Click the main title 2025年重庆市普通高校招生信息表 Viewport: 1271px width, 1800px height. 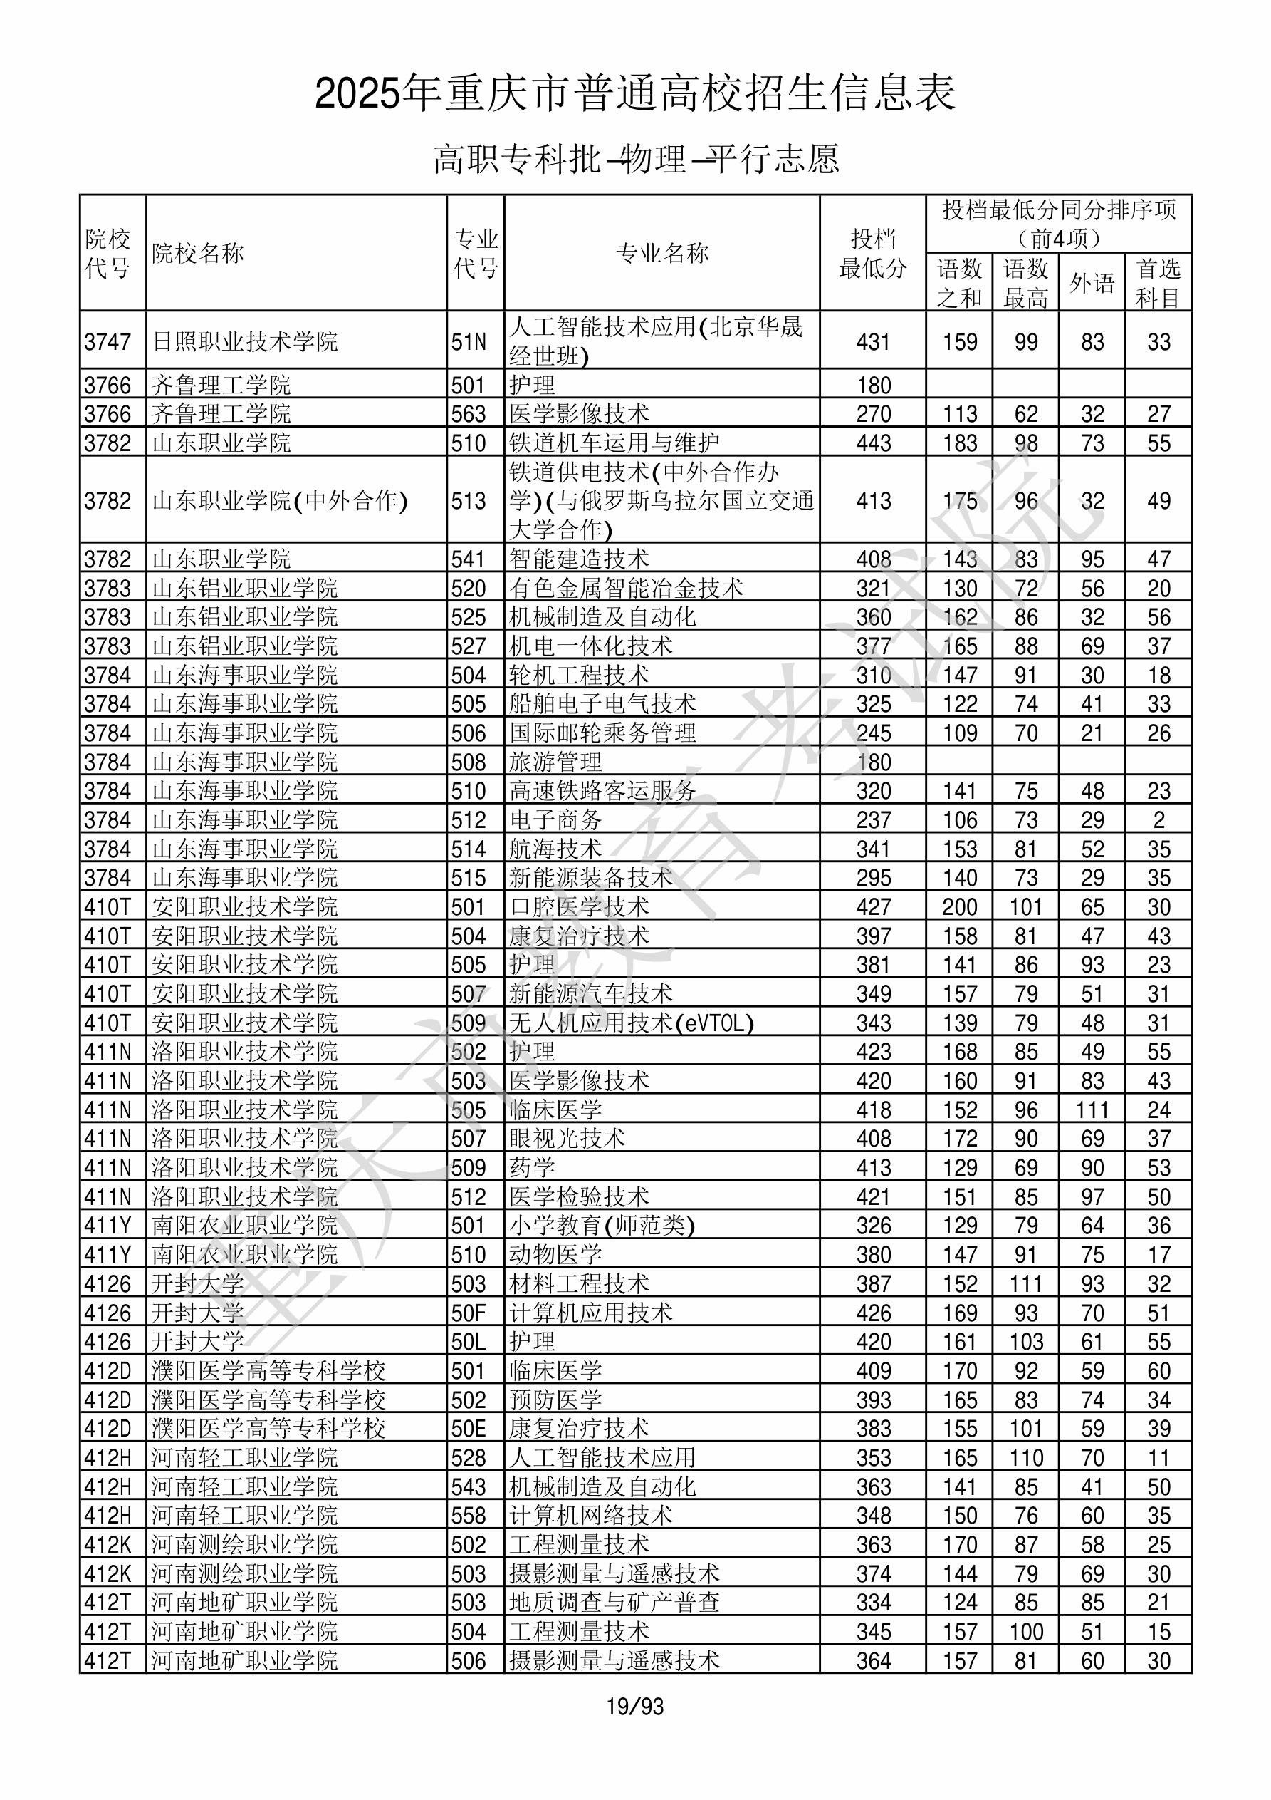tap(634, 94)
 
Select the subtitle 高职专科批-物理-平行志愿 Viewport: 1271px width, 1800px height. tap(635, 159)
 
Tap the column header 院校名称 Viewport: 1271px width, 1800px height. tap(198, 253)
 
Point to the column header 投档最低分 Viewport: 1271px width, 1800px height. tap(872, 253)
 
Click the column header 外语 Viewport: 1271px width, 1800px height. tap(1092, 282)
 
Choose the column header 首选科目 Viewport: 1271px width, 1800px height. tap(1158, 282)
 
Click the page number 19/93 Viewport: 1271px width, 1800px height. tap(634, 1706)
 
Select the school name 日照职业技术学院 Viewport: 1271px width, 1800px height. tap(244, 341)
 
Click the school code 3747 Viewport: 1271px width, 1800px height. tap(108, 342)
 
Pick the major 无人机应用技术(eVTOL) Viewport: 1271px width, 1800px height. tap(631, 1023)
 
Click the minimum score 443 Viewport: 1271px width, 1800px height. tap(873, 443)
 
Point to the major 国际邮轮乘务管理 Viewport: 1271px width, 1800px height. tap(602, 733)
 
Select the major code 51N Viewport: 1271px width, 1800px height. tap(469, 342)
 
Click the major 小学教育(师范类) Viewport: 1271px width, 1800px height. tap(602, 1226)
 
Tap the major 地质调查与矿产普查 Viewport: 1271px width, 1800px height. tap(614, 1603)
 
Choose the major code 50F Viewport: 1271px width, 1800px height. tap(469, 1313)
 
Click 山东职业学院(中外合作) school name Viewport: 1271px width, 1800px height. tap(280, 500)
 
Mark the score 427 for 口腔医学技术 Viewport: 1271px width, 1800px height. tap(873, 907)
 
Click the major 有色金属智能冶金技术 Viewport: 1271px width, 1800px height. tap(625, 588)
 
